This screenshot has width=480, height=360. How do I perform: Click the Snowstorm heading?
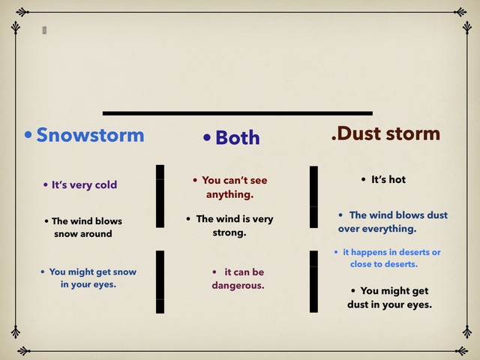tap(90, 135)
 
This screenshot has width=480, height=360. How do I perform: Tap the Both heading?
tap(237, 138)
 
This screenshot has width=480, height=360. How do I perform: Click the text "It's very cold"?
tap(84, 184)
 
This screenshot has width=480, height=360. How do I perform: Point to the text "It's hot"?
tap(388, 179)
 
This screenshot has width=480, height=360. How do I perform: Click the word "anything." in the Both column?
tap(230, 194)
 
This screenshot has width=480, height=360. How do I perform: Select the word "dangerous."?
tap(238, 286)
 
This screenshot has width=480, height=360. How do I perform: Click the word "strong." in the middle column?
tap(229, 232)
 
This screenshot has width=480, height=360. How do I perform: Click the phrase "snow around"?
tap(82, 234)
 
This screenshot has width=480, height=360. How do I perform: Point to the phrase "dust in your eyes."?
tap(389, 304)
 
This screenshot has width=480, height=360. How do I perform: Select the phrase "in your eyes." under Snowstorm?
tap(88, 285)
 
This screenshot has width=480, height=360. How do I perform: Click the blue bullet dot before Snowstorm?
tap(28, 136)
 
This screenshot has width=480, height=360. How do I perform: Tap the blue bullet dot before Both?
tap(208, 138)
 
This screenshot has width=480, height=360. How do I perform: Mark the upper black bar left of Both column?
tap(160, 196)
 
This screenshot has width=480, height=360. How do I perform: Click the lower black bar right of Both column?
tap(313, 281)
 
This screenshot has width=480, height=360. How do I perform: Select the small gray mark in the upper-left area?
tap(44, 30)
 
